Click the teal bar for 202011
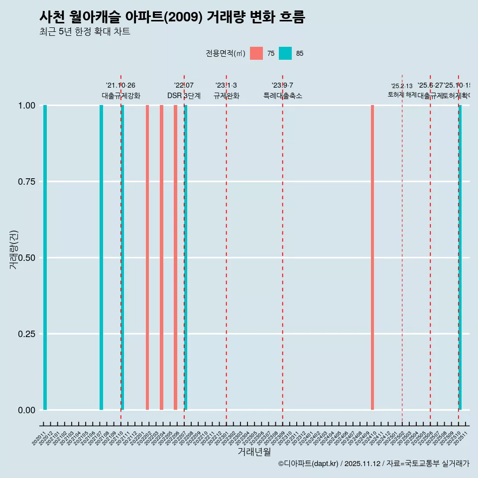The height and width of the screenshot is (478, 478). (x=45, y=257)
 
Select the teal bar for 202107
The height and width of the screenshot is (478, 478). (x=101, y=257)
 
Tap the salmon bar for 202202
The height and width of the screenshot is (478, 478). (x=147, y=257)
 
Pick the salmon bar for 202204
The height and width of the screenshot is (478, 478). (x=161, y=257)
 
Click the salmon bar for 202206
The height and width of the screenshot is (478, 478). (x=175, y=257)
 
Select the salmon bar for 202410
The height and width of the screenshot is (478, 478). (x=372, y=257)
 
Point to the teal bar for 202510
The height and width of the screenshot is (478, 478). (x=460, y=257)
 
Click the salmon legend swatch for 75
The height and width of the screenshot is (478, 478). (x=256, y=53)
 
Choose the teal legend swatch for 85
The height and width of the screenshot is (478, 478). (x=285, y=53)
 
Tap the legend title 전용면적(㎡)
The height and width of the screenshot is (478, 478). (x=226, y=53)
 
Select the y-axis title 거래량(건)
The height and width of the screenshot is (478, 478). (x=14, y=249)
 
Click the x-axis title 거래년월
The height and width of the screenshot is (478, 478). (x=254, y=452)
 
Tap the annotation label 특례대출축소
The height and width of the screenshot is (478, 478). (x=283, y=96)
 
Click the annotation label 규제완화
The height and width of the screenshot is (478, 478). (x=227, y=96)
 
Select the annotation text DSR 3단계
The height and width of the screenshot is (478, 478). (x=184, y=96)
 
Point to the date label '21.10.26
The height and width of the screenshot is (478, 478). (x=120, y=85)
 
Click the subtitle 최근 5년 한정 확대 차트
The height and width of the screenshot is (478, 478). (x=85, y=32)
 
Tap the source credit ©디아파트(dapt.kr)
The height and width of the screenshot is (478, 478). (x=308, y=464)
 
